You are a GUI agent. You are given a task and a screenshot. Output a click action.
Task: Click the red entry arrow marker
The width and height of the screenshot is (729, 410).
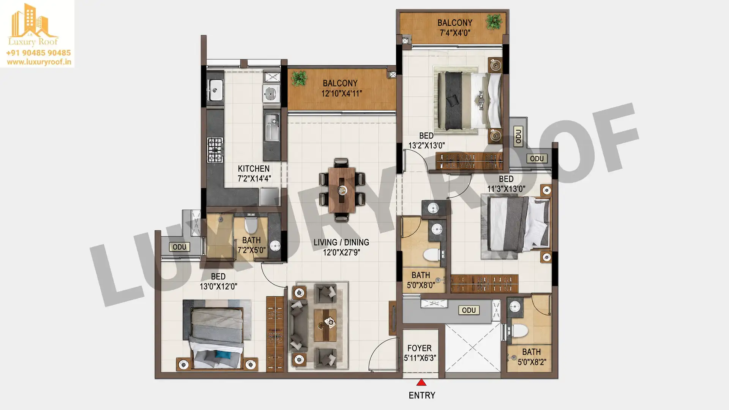pos(421,382)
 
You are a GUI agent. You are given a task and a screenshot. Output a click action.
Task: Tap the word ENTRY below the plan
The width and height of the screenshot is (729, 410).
pos(422,395)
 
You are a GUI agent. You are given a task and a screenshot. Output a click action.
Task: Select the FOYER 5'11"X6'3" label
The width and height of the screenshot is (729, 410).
pos(420,353)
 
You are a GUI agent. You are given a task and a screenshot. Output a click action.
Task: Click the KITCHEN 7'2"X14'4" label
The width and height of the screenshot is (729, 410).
pos(254,173)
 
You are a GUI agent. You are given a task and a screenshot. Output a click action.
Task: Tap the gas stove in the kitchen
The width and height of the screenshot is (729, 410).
pos(215,150)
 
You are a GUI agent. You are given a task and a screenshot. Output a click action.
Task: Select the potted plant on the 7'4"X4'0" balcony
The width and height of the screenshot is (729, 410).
pos(494,22)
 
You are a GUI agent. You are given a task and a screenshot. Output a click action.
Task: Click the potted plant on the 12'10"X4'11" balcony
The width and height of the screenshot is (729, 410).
pos(299,78)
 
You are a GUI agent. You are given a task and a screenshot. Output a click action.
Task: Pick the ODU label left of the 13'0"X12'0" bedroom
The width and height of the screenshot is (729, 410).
pos(179,247)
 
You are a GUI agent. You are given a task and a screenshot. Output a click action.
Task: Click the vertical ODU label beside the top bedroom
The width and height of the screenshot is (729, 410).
pos(518,136)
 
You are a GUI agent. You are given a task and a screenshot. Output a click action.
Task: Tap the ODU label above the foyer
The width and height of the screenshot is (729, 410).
pos(469,310)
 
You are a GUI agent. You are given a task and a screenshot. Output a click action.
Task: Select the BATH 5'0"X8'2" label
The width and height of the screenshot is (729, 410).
pos(532,357)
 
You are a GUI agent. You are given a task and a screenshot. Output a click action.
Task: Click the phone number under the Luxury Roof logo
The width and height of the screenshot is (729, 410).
pos(38,53)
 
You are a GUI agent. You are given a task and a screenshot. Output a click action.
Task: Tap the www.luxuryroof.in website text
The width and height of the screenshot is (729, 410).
pos(39,62)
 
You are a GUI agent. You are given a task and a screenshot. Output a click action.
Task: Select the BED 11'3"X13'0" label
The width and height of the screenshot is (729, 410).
pos(507,184)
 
